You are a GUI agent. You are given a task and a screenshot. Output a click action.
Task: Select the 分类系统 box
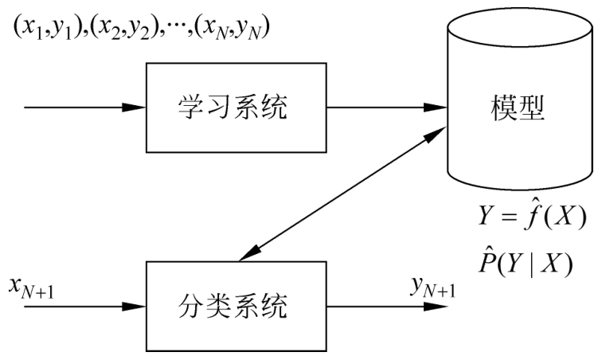tap(235, 303)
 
